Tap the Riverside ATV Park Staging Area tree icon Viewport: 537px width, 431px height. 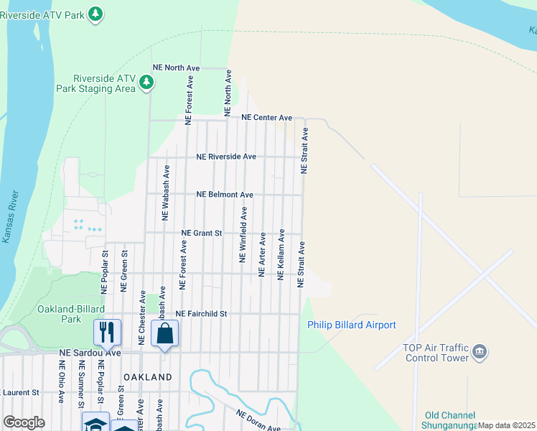[146, 83]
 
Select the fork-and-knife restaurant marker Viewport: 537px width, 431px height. [106, 332]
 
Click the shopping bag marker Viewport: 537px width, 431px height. [164, 333]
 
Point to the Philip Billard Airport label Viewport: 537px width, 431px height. [352, 325]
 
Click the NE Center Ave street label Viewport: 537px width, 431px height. [267, 117]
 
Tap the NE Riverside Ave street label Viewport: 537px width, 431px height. [226, 156]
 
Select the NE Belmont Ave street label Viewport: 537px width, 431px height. [225, 195]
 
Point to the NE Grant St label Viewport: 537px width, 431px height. [202, 233]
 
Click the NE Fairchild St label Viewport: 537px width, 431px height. [201, 314]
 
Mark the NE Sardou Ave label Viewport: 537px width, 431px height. [90, 353]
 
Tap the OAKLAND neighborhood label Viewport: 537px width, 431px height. [148, 377]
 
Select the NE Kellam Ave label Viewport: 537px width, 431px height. [281, 254]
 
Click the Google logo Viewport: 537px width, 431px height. [24, 422]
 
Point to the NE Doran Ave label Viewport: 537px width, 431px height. [259, 420]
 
